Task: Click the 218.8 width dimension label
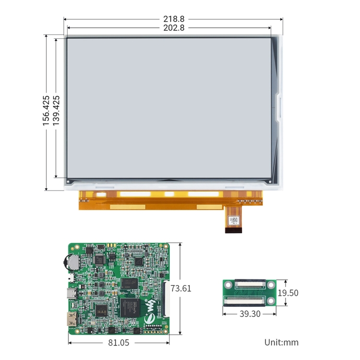tap(174, 19)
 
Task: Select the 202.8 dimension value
tap(174, 28)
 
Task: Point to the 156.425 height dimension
tap(46, 111)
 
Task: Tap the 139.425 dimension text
tap(56, 111)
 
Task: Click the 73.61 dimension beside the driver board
tap(180, 288)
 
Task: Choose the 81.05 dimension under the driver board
tap(119, 343)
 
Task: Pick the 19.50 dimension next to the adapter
tap(288, 293)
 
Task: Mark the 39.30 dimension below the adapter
tap(250, 314)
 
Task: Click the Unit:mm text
tap(281, 342)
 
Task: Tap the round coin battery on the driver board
tap(72, 262)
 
